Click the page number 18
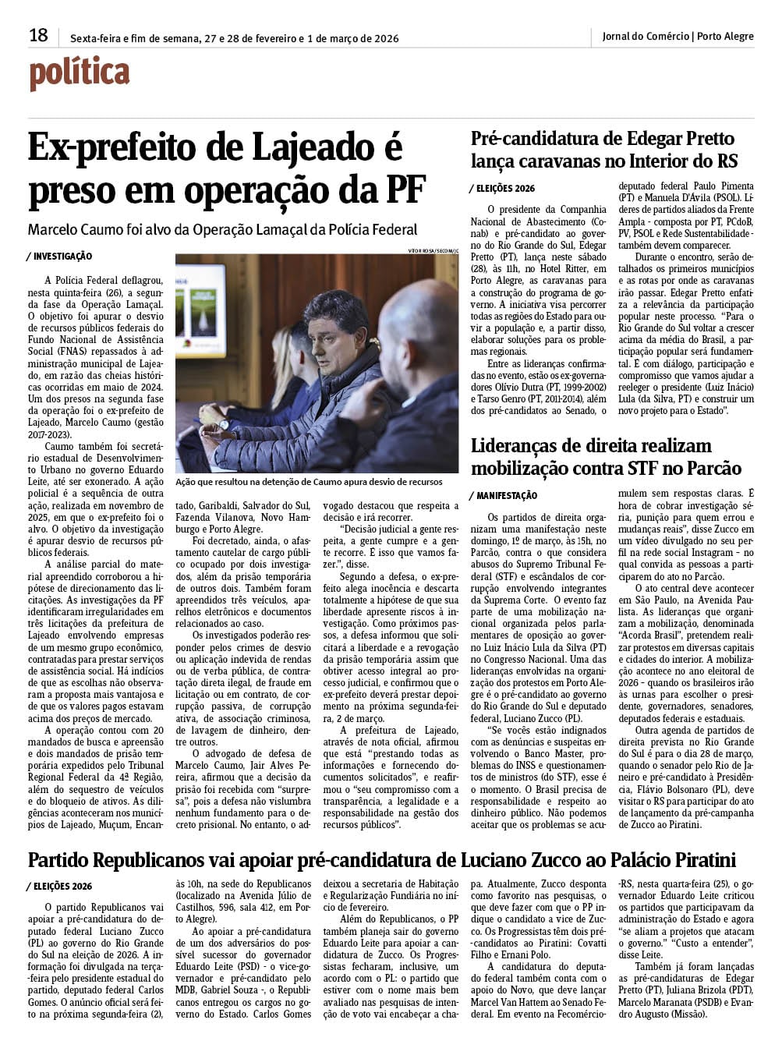point(38,36)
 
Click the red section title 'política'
point(80,73)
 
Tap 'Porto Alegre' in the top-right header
point(725,37)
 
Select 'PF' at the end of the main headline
point(405,189)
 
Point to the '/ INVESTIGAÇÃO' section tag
point(60,257)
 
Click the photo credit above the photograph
point(433,250)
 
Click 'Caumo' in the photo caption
point(320,482)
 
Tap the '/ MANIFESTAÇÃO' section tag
point(503,496)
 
